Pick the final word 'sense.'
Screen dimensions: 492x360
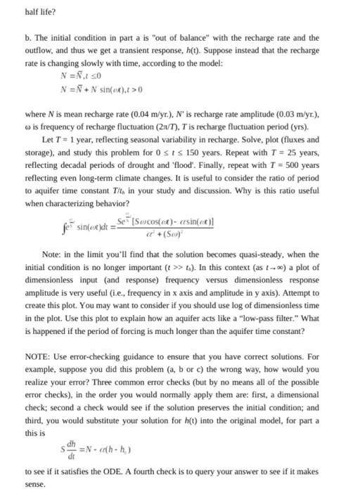point(34,484)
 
